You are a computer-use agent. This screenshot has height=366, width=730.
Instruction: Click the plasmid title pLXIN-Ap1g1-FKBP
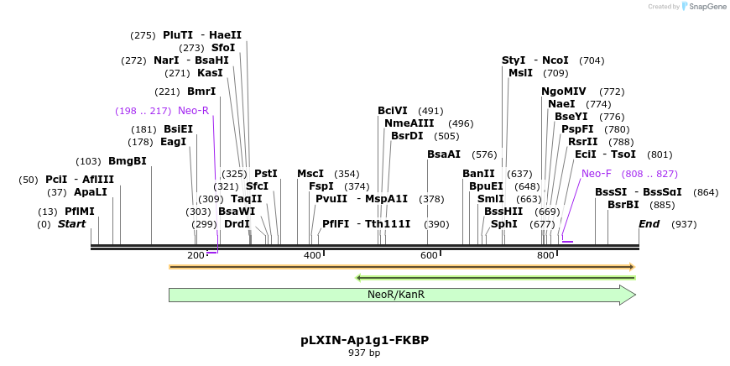pyautogui.click(x=364, y=340)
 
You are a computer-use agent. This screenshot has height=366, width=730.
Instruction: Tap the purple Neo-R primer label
pyautogui.click(x=193, y=110)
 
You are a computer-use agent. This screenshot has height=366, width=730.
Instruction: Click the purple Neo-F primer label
pyautogui.click(x=597, y=174)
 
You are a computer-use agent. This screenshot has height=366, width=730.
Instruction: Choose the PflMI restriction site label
pyautogui.click(x=80, y=212)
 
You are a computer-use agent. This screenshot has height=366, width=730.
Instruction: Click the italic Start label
pyautogui.click(x=71, y=224)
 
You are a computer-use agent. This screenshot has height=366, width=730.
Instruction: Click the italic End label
pyautogui.click(x=649, y=224)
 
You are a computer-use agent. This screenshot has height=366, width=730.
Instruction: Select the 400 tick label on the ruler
pyautogui.click(x=312, y=255)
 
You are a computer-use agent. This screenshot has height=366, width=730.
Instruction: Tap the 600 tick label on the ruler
pyautogui.click(x=429, y=255)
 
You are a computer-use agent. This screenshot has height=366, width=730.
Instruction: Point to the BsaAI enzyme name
pyautogui.click(x=444, y=154)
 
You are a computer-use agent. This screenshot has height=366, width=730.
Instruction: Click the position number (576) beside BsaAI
pyautogui.click(x=484, y=154)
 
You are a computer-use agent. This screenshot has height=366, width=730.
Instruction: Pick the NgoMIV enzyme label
pyautogui.click(x=564, y=91)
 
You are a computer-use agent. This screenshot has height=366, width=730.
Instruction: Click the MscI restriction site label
pyautogui.click(x=310, y=174)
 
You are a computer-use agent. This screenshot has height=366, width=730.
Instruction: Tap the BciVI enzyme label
pyautogui.click(x=393, y=111)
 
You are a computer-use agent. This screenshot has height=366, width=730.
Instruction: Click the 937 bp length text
pyautogui.click(x=364, y=353)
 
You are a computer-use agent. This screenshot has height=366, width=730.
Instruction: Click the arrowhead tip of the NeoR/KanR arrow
pyautogui.click(x=634, y=295)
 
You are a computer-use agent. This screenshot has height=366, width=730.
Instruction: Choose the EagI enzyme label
pyautogui.click(x=173, y=142)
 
